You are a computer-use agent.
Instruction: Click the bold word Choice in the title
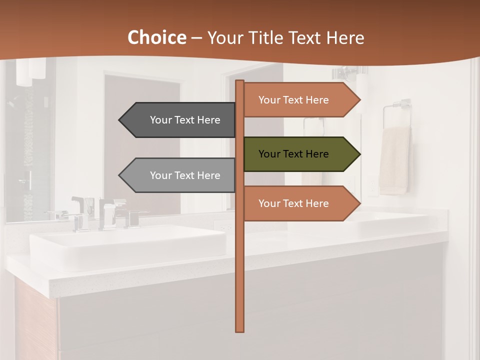[x=156, y=37]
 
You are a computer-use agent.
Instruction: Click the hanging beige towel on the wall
[x=395, y=160]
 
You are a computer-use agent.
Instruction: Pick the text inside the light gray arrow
[x=185, y=175]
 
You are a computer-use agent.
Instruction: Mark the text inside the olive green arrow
[x=293, y=154]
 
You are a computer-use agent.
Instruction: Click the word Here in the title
[x=345, y=38]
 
